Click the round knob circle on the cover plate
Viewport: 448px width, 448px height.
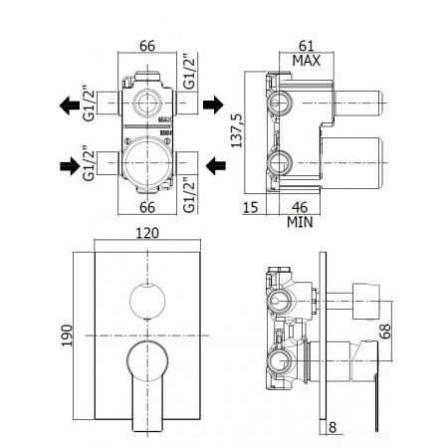coord(146,298)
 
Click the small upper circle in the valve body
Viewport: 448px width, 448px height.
coord(146,103)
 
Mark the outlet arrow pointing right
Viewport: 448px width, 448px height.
coord(213,103)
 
